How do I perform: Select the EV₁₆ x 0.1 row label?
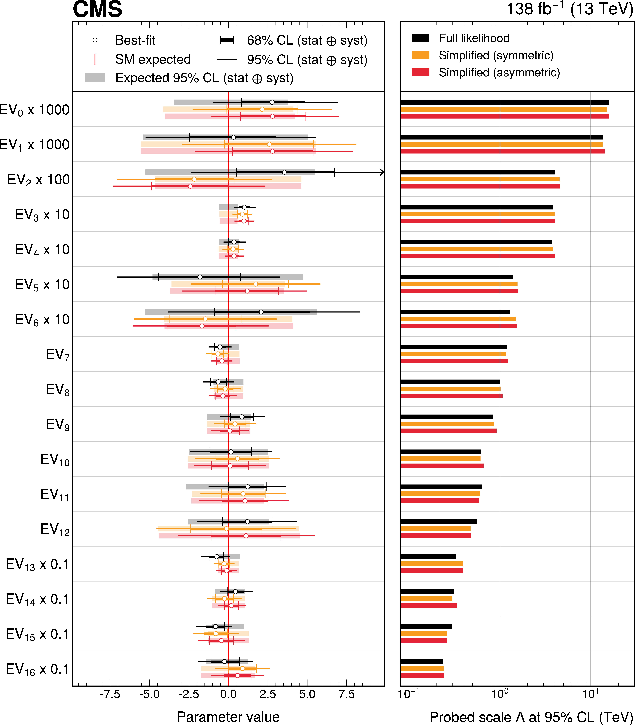37,669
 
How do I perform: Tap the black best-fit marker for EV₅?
200,277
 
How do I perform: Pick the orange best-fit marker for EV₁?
269,144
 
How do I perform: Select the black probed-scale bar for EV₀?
505,102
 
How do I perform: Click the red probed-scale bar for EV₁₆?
422,675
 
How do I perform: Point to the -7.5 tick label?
110,694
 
